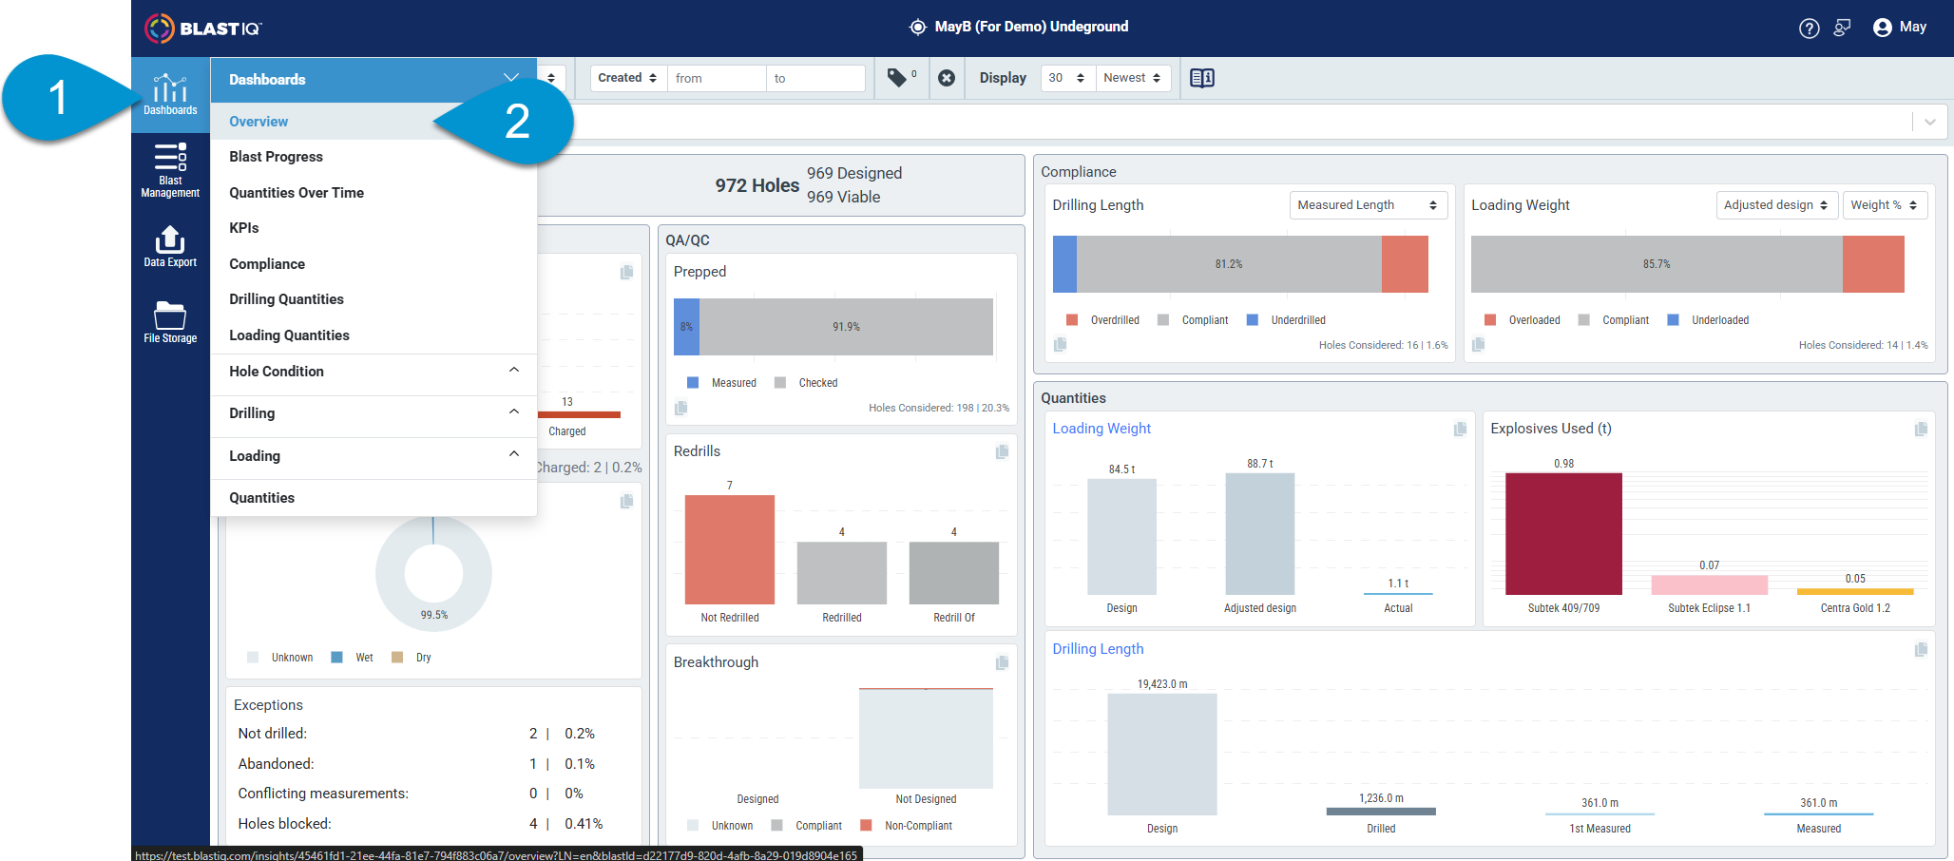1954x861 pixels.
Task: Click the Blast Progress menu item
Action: coord(276,157)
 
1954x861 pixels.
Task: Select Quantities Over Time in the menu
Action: coord(297,193)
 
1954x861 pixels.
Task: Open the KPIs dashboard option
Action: coord(244,228)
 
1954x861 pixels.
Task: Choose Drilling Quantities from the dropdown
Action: coord(286,299)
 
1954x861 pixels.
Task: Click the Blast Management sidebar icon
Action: coord(170,170)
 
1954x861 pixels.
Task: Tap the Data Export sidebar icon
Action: coord(170,246)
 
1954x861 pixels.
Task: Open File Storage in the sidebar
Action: coord(170,321)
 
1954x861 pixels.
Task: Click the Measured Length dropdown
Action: coord(1368,205)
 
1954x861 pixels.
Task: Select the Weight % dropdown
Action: coord(1885,205)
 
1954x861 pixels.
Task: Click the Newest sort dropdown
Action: coord(1132,78)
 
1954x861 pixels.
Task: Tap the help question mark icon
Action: coord(1809,29)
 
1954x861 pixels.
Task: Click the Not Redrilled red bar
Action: coord(730,549)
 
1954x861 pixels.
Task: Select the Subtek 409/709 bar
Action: coord(1563,534)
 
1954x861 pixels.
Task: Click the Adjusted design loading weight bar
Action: coord(1260,534)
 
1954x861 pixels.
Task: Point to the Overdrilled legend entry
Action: coord(1102,320)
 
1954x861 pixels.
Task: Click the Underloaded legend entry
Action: coord(1708,320)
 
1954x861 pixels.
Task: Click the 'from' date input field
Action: coord(716,78)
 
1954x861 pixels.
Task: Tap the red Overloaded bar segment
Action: coord(1873,264)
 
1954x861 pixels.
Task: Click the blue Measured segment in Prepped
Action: coord(686,327)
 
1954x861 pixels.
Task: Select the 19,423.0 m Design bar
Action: coord(1162,755)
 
